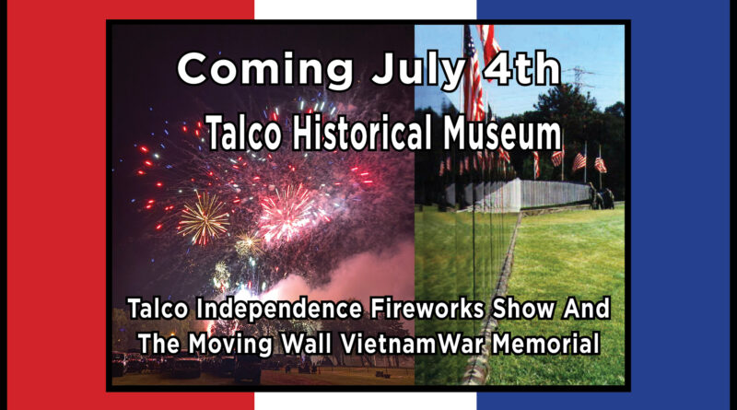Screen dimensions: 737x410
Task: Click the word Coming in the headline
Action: (265, 70)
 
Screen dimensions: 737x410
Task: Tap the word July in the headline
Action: (418, 70)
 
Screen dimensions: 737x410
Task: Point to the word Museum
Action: (502, 133)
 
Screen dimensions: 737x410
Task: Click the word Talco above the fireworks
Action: (244, 133)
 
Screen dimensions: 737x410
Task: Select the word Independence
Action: (279, 309)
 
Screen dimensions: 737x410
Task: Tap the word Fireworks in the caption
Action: (427, 309)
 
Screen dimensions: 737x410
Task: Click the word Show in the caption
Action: (521, 309)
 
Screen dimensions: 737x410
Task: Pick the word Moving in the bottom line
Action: (230, 344)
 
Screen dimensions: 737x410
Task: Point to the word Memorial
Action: (545, 343)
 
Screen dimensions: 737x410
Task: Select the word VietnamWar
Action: (412, 343)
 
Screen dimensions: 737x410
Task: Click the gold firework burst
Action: (203, 218)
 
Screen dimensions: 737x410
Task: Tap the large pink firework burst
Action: (287, 213)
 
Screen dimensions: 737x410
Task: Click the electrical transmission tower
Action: (579, 79)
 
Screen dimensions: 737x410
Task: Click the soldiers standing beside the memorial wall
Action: (602, 198)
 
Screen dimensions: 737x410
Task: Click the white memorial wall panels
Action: (526, 194)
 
